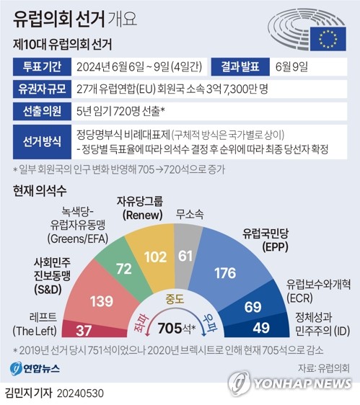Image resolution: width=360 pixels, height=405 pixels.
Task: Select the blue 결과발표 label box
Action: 243,69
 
